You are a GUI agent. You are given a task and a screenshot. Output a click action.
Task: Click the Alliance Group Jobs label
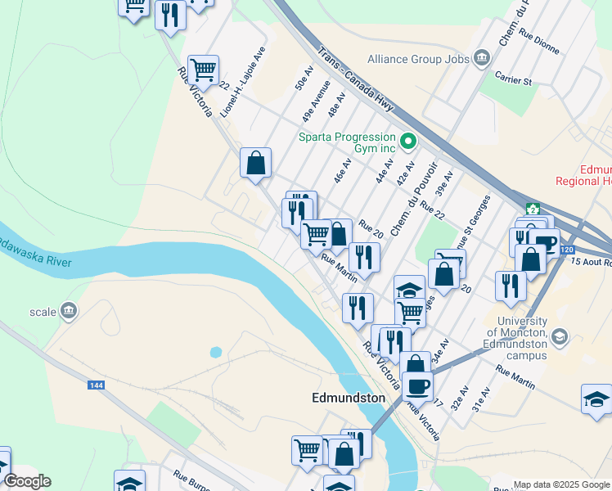point(418,59)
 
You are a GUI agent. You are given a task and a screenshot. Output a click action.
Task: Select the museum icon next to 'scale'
point(69,310)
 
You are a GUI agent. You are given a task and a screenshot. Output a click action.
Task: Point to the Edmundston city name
point(349,398)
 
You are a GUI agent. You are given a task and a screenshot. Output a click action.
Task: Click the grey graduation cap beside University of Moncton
point(559,337)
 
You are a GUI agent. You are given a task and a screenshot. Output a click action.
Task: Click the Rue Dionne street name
point(540,44)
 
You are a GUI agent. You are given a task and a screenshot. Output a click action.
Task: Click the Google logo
point(27,481)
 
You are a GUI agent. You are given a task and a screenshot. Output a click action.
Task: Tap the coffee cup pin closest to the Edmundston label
point(417,385)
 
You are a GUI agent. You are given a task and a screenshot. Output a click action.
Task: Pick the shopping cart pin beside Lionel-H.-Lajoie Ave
point(202,69)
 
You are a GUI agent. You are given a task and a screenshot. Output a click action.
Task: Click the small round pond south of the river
point(216,352)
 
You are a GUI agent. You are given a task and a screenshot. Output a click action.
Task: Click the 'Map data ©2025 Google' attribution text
point(560,484)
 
